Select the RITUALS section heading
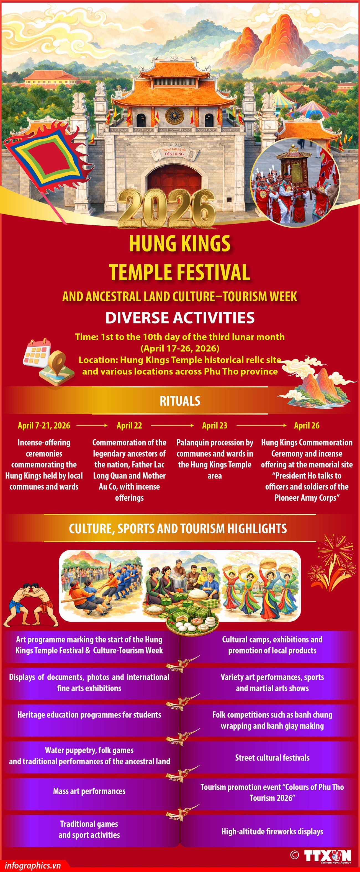[x=180, y=401]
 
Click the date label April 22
[x=129, y=426]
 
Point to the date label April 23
[x=215, y=426]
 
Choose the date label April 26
[x=307, y=426]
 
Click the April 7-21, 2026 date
[x=44, y=426]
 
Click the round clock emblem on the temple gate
[x=174, y=116]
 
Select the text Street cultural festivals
[x=272, y=758]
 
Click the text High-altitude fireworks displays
[x=272, y=831]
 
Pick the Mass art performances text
[x=89, y=791]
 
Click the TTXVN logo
[x=327, y=856]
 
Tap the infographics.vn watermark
[x=33, y=865]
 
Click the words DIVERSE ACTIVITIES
[x=180, y=318]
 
